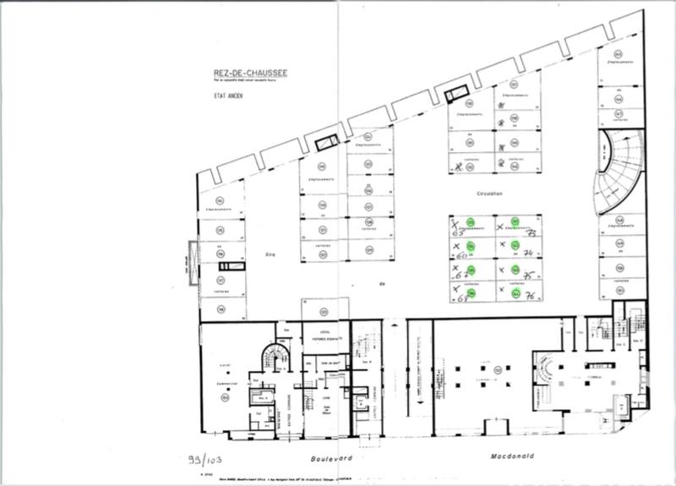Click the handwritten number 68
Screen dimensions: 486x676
click(461, 298)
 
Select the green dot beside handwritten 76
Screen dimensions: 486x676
click(515, 294)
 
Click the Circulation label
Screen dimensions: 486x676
click(490, 194)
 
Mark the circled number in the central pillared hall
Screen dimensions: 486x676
click(499, 369)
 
